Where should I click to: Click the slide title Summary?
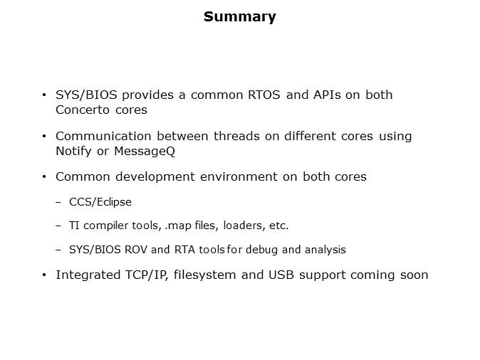click(239, 17)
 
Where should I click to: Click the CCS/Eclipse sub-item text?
click(100, 202)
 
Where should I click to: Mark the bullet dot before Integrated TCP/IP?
click(45, 275)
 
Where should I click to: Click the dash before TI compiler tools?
click(58, 226)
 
